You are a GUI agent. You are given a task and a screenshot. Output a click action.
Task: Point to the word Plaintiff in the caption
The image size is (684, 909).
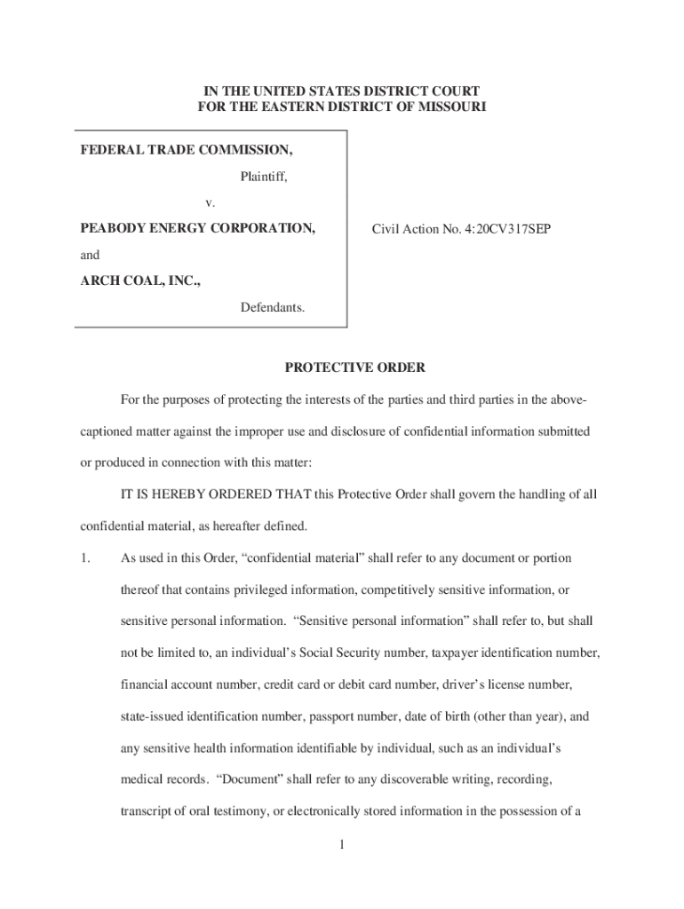click(x=264, y=177)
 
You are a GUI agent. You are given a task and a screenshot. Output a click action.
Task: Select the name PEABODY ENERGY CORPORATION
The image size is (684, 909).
click(x=198, y=228)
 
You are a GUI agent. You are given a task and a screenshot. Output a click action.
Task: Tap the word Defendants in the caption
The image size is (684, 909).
click(x=273, y=308)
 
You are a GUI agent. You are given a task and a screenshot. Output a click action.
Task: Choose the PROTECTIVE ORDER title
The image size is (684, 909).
click(x=342, y=367)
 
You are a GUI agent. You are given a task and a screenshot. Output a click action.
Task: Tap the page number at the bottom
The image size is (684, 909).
click(x=341, y=844)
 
